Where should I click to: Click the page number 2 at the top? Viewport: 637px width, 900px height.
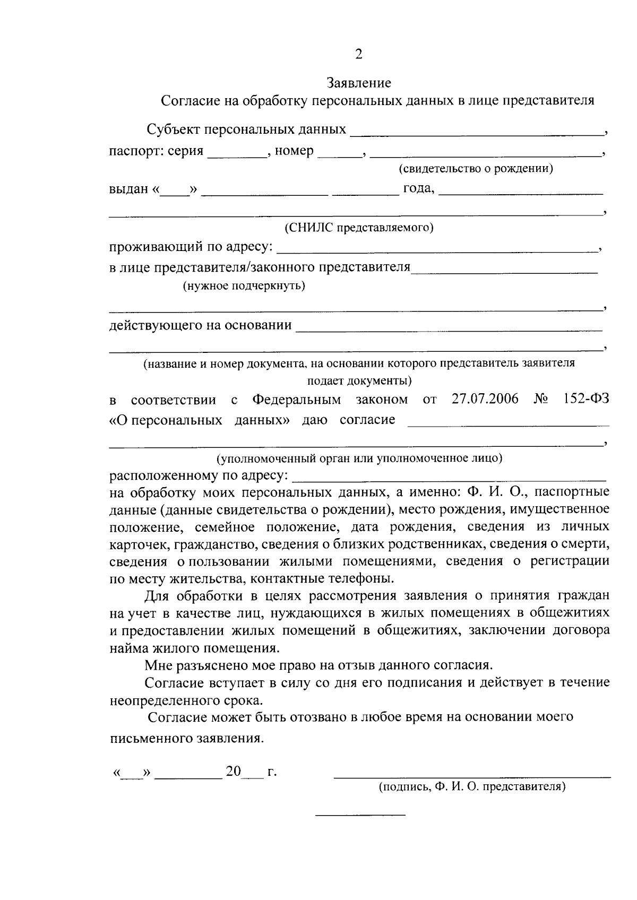click(x=358, y=54)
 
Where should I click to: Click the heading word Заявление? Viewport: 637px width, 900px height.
click(x=359, y=83)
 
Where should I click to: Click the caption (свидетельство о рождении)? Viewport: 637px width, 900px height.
click(x=476, y=169)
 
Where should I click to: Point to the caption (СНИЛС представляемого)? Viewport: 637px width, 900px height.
click(x=359, y=228)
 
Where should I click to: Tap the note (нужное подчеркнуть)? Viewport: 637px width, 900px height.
click(x=244, y=287)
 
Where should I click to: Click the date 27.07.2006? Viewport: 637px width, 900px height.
click(x=485, y=399)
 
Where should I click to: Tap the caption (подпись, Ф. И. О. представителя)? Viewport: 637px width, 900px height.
click(x=472, y=787)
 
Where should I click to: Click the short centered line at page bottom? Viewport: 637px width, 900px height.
click(x=360, y=814)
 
